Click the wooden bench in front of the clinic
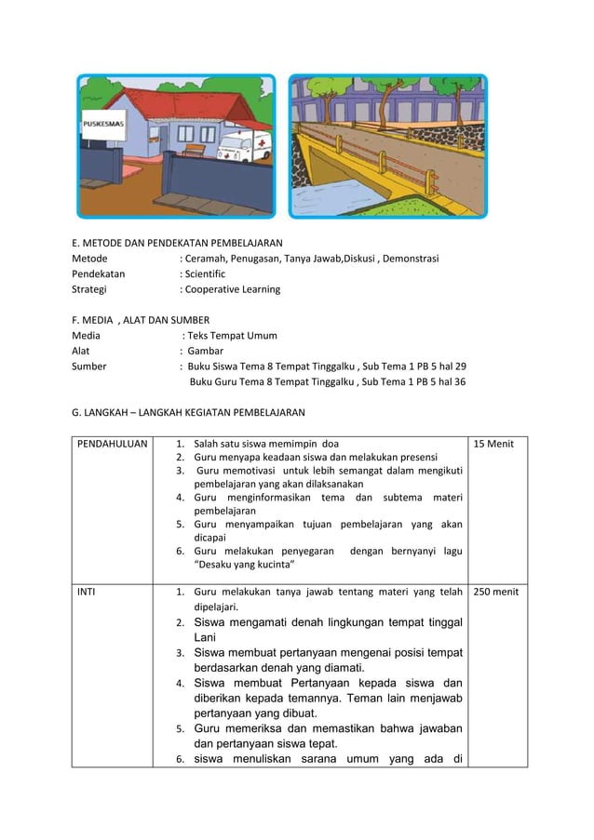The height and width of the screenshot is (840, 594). click(193, 149)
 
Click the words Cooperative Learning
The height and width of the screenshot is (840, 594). click(234, 289)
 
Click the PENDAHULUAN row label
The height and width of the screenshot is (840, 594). click(111, 444)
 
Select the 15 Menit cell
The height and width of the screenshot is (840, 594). click(495, 444)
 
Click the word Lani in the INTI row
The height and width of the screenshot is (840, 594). click(204, 637)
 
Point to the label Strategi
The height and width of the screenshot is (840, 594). click(93, 289)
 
